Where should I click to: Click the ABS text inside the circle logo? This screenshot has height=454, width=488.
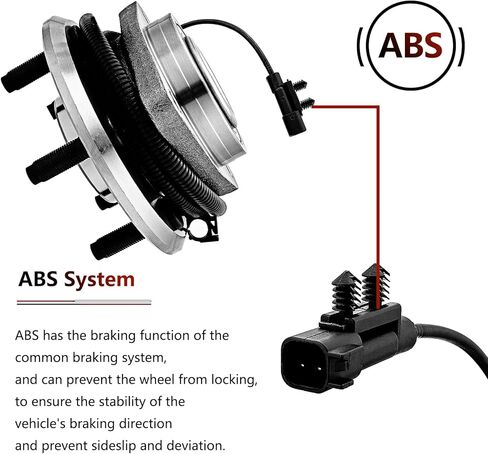pos(410,45)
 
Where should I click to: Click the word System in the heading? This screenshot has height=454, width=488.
pos(99,280)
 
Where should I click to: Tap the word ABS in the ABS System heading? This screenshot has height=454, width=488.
pos(38,279)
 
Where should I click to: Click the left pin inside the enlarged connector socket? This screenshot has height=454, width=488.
pos(302,365)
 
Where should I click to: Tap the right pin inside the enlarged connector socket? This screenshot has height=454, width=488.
pos(319,368)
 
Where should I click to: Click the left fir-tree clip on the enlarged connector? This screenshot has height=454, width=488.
pos(345,291)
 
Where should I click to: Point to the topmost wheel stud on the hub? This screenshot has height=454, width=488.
pos(24,73)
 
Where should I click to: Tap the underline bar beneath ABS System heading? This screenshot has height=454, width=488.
pos(84,302)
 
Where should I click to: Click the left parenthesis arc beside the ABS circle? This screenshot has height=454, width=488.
pos(361,46)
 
